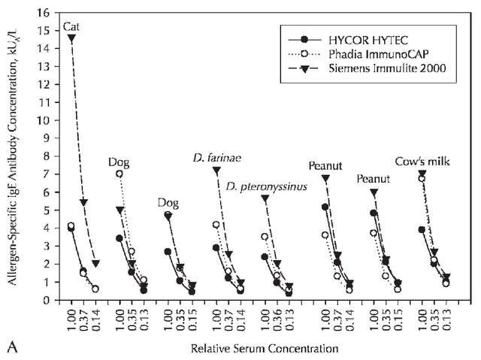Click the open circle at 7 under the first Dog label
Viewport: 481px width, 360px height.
click(119, 174)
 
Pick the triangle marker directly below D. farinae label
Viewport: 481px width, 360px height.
click(216, 170)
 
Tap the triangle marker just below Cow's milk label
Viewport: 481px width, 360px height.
click(422, 174)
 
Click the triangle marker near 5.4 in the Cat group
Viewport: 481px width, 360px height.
click(83, 203)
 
